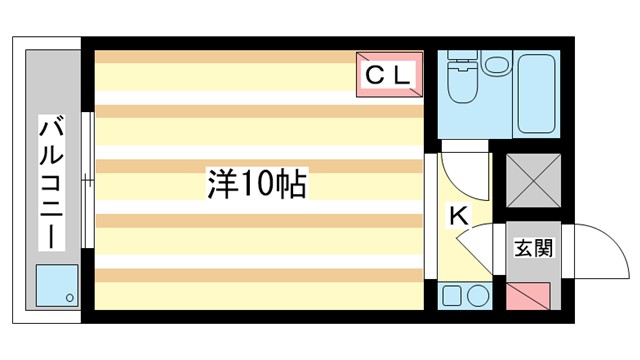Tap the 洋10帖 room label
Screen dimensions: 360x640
point(256,183)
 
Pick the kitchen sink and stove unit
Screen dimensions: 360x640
point(464,296)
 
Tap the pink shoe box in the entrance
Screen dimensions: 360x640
point(527,297)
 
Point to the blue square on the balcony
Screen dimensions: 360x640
point(56,285)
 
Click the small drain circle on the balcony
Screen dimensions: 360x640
point(68,297)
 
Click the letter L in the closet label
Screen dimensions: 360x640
point(398,74)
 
